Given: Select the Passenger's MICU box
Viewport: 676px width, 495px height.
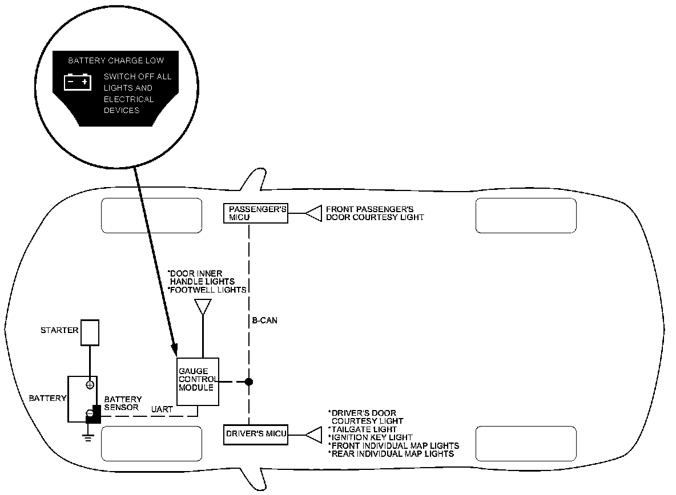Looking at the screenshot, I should [255, 213].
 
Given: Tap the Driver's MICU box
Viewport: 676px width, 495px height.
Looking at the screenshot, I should [255, 435].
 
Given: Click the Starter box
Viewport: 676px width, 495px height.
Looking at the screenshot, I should [90, 332].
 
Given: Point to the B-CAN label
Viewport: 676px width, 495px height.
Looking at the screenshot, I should [264, 320].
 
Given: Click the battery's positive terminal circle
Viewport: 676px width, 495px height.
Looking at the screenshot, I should [90, 384].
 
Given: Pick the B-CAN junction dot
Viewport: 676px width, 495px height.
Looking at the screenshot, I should [249, 382].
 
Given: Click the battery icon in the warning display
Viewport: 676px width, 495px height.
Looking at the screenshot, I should [77, 82].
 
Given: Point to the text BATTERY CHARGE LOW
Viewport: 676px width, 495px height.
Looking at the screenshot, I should [116, 60].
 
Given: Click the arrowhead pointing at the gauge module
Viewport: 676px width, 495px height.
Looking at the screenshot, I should [175, 347].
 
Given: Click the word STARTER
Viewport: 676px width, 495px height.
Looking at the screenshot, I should [59, 330].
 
